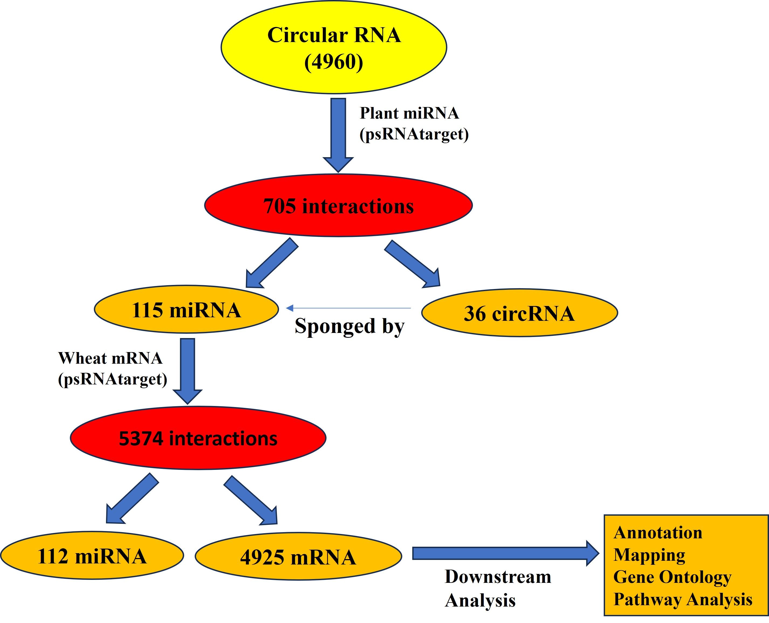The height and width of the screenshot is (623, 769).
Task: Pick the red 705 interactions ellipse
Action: pyautogui.click(x=338, y=206)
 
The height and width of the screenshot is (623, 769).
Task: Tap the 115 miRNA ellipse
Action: pyautogui.click(x=186, y=310)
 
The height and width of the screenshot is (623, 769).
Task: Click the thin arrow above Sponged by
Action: pyautogui.click(x=348, y=308)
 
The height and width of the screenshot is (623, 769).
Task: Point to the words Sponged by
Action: pyautogui.click(x=349, y=326)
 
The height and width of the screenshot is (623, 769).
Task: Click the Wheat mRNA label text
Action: pyautogui.click(x=110, y=358)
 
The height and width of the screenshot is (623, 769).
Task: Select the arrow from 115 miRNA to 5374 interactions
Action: pyautogui.click(x=187, y=370)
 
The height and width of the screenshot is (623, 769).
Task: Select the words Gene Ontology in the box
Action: pyautogui.click(x=672, y=577)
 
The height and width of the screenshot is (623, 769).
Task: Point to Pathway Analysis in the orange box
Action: pyautogui.click(x=682, y=599)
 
